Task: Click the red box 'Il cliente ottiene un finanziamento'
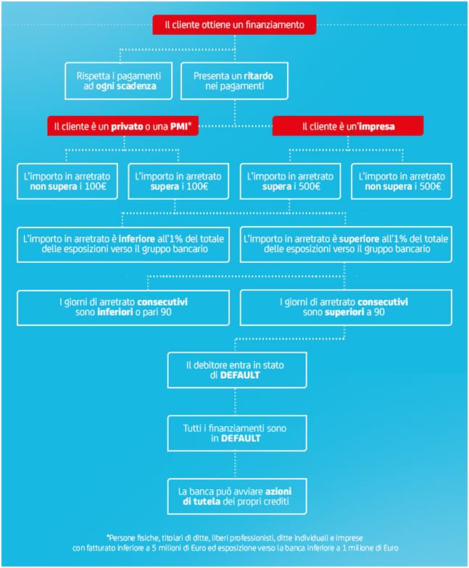point(234,25)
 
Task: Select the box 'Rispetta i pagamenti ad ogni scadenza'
point(119,81)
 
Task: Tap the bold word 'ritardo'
point(258,75)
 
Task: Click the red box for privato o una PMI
point(123,126)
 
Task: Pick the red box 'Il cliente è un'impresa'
point(348,126)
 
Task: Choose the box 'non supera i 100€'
point(67,181)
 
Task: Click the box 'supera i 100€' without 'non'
point(178,181)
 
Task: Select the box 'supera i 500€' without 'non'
point(290,181)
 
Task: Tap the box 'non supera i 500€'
point(402,181)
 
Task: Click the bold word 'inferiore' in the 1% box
point(136,239)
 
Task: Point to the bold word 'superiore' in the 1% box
point(360,239)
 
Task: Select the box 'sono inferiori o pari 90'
point(123,307)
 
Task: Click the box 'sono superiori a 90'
point(346,307)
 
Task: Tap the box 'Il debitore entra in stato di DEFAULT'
point(237,370)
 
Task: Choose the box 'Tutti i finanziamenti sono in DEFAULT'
point(237,433)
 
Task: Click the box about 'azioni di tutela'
point(237,496)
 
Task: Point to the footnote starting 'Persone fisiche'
point(235,543)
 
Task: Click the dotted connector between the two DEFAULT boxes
point(235,401)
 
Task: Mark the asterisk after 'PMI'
point(190,123)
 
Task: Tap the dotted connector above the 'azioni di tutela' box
point(235,465)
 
